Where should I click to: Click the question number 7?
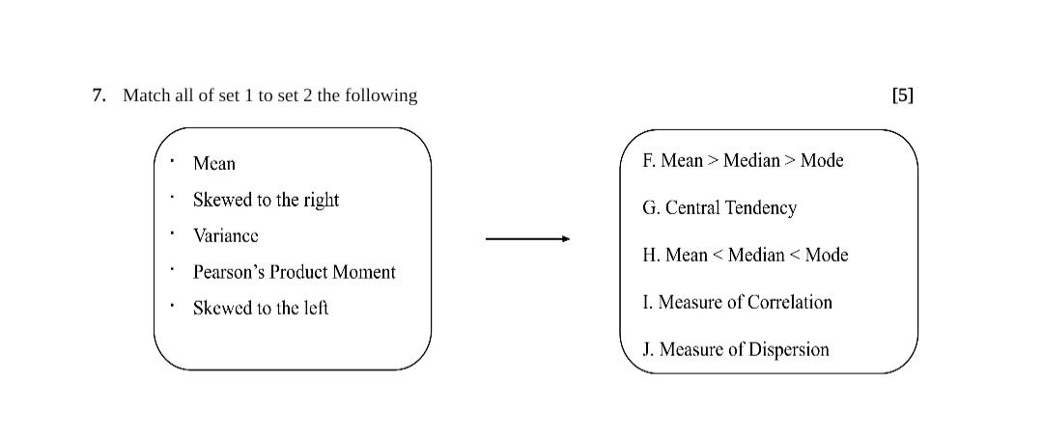(x=99, y=96)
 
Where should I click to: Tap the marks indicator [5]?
(x=902, y=96)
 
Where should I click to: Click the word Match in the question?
(x=146, y=96)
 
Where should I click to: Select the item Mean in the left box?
(x=214, y=164)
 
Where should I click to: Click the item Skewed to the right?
(x=266, y=200)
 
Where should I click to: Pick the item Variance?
(x=226, y=235)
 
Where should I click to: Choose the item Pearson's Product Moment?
(x=294, y=272)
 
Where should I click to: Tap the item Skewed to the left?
(x=261, y=308)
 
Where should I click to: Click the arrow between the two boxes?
(x=527, y=238)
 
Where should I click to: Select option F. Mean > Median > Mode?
(x=743, y=161)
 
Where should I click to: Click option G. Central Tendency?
(x=719, y=208)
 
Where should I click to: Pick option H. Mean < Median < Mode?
(x=745, y=256)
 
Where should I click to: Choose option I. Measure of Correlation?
(x=737, y=303)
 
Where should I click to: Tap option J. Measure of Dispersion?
(x=735, y=350)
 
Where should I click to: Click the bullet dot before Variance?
(x=172, y=232)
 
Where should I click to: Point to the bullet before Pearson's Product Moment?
(x=172, y=269)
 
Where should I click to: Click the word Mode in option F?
(x=822, y=161)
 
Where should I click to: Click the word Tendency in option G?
(x=762, y=208)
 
